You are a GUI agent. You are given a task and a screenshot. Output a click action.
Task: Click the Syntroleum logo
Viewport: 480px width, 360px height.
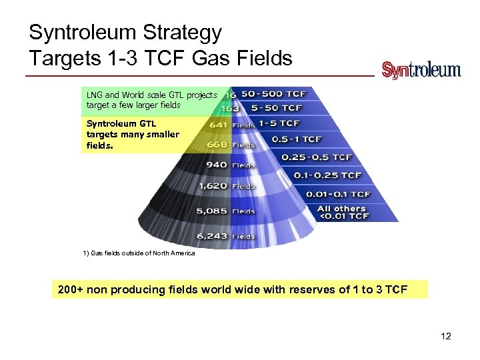421,70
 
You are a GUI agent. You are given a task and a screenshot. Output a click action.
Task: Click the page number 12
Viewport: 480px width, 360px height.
446,336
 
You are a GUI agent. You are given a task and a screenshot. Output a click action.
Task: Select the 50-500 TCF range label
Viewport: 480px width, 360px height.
273,94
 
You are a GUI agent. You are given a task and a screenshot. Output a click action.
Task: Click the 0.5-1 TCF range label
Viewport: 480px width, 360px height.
297,139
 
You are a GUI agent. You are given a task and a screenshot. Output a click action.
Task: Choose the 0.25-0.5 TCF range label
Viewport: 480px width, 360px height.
316,157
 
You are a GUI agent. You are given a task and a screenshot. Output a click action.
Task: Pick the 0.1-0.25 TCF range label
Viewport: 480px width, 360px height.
328,175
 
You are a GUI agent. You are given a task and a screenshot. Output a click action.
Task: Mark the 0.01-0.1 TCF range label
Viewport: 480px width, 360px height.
338,194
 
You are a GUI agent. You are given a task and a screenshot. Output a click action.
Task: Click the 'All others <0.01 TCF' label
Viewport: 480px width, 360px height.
343,212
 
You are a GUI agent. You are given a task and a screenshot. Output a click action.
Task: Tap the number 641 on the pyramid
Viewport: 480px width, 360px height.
217,123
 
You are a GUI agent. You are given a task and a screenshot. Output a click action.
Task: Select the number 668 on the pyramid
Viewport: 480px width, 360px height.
217,144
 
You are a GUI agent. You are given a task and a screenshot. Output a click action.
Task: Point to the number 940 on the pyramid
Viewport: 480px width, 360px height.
217,165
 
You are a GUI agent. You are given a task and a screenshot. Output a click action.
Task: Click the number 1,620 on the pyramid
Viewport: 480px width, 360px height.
213,186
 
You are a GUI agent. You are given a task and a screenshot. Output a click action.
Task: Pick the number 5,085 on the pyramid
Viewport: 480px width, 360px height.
213,211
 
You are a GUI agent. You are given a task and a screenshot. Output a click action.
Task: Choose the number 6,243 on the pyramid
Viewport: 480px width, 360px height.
213,236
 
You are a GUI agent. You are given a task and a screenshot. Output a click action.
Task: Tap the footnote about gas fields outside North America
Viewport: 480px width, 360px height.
139,254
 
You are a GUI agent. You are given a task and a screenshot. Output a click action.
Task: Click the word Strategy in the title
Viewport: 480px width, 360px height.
182,32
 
